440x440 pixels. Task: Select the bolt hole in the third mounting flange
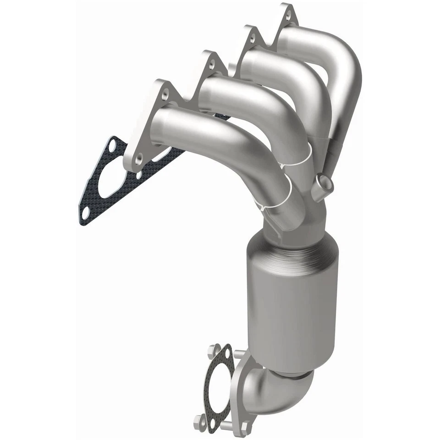point(211,64)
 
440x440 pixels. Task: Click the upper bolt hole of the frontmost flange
point(165,93)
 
